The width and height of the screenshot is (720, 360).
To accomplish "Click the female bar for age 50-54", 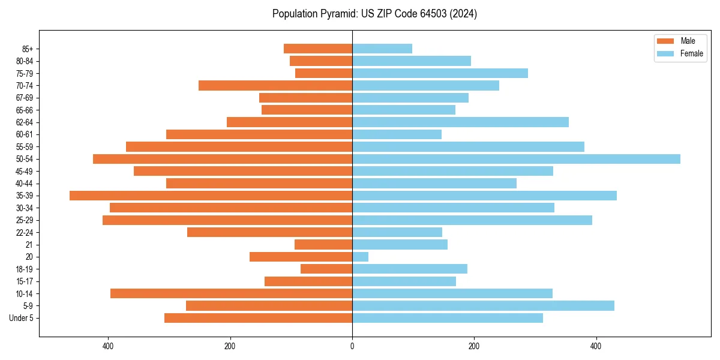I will click(516, 159).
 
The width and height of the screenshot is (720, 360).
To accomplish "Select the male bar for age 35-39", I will click(211, 196).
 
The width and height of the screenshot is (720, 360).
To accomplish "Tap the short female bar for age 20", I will click(360, 257).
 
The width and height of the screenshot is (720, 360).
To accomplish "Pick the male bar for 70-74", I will click(275, 86).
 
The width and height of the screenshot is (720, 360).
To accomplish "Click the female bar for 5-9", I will click(483, 305).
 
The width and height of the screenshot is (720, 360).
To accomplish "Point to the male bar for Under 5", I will click(258, 318).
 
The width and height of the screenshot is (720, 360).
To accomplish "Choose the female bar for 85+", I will click(382, 49).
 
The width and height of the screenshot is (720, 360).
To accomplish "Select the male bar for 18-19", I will click(326, 269).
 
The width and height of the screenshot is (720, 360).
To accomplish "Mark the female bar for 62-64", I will click(460, 122).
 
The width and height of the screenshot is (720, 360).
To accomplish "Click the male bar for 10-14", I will click(231, 293).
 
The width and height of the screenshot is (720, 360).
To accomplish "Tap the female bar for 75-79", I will click(440, 73).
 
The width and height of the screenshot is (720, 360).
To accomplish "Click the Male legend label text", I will click(688, 41).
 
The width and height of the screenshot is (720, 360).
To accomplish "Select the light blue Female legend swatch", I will click(665, 53).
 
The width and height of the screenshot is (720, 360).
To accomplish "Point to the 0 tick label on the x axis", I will click(352, 346).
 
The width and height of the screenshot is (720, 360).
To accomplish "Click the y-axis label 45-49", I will click(25, 171).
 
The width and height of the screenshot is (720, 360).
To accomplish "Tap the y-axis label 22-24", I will click(25, 232).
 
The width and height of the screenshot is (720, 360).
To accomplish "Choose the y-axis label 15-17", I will click(25, 281).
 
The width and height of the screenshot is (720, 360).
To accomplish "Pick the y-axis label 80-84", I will click(25, 61).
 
